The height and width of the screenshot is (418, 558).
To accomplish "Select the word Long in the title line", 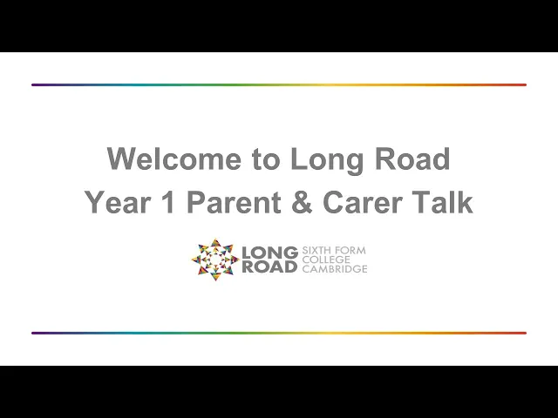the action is [327, 161].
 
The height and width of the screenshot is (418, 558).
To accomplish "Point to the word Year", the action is [117, 202].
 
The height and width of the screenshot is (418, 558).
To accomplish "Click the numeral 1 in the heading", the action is [168, 202].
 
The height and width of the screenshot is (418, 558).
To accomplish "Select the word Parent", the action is [234, 202].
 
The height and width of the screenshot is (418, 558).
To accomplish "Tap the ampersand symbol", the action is [302, 202].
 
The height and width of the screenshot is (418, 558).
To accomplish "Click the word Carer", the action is [363, 202].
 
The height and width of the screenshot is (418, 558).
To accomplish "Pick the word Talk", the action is [442, 202].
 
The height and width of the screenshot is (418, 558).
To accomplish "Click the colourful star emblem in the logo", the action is [215, 260].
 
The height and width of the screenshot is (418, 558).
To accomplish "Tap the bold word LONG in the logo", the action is [269, 253].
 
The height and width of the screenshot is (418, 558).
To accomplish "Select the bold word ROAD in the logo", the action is [269, 266].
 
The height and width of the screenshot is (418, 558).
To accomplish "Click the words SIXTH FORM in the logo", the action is [334, 251].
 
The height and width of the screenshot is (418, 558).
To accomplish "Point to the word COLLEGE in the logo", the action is [326, 260].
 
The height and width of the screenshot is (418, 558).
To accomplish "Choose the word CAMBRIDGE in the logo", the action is [335, 269].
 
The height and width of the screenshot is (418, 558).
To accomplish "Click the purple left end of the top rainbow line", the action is [33, 85].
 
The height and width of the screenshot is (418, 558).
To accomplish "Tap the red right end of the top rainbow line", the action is [525, 85].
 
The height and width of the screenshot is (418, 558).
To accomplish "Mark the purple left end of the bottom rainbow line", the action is [33, 333].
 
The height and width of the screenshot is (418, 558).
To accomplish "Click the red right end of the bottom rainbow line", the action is [525, 333].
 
